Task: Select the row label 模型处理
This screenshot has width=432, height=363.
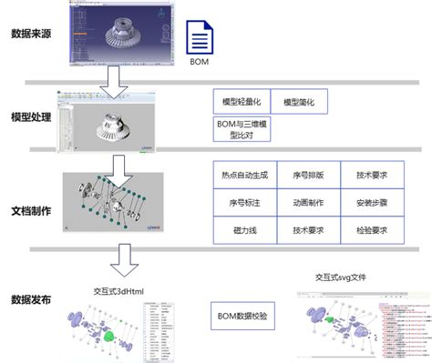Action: [x=30, y=116]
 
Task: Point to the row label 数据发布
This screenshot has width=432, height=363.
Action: [x=30, y=297]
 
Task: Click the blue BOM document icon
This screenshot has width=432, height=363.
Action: [x=199, y=40]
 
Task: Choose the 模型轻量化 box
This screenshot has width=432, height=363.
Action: [x=242, y=104]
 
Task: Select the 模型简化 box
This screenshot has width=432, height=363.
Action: [x=299, y=104]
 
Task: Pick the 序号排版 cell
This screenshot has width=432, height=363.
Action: [x=306, y=176]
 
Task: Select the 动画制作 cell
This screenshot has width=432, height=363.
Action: [x=306, y=203]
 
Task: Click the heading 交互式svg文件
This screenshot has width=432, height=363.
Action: [x=345, y=277]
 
